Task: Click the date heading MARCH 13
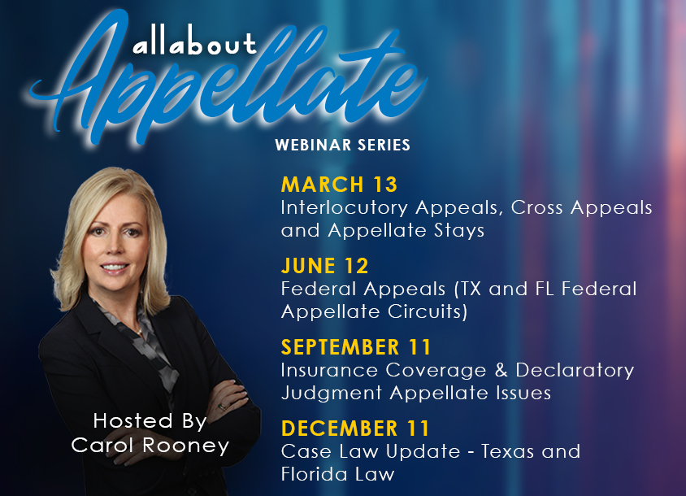point(339,185)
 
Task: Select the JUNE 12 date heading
point(324,266)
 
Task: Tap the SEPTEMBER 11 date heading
point(356,347)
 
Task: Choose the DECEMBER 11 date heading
point(355,429)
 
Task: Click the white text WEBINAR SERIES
point(342,145)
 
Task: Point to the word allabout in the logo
point(194,43)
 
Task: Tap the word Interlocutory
point(345,208)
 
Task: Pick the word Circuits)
point(428,311)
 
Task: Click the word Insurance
point(329,370)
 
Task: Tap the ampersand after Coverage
point(501,370)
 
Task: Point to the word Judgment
point(332,393)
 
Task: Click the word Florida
point(313,474)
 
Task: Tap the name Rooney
point(186,446)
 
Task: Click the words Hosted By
point(150,421)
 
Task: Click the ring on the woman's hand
point(222,407)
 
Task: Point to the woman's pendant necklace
point(140,333)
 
